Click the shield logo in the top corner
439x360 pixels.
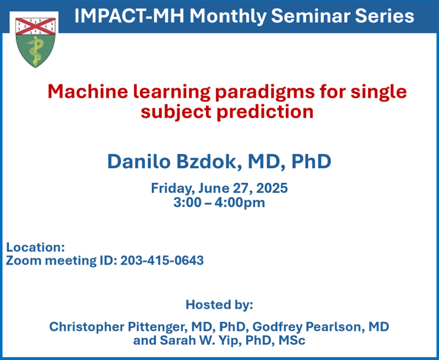pos(35,42)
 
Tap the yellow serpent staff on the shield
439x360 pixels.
pos(35,51)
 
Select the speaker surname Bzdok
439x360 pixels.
pos(209,162)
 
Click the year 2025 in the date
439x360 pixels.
pos(272,188)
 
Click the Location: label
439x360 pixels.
pos(36,247)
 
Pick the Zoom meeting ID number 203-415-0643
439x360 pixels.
pos(162,260)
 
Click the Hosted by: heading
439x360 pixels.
pos(219,305)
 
